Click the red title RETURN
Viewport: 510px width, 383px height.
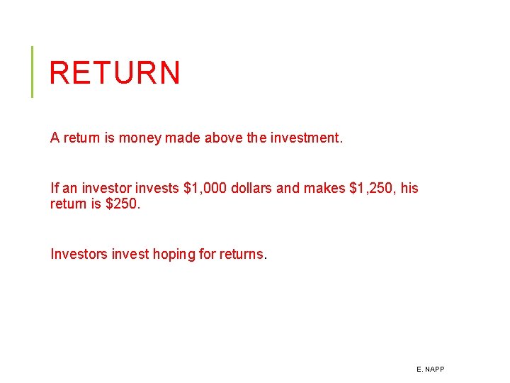tap(115, 72)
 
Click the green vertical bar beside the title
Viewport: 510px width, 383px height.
tap(32, 72)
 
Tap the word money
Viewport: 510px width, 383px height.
tap(140, 138)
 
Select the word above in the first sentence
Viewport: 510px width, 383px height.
tap(224, 138)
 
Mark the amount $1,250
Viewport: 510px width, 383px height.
tap(373, 188)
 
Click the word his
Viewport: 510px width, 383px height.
tap(409, 188)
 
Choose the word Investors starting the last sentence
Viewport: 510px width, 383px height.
tap(79, 254)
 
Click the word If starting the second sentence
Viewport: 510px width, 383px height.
tap(55, 188)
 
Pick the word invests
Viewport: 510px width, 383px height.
tap(157, 188)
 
